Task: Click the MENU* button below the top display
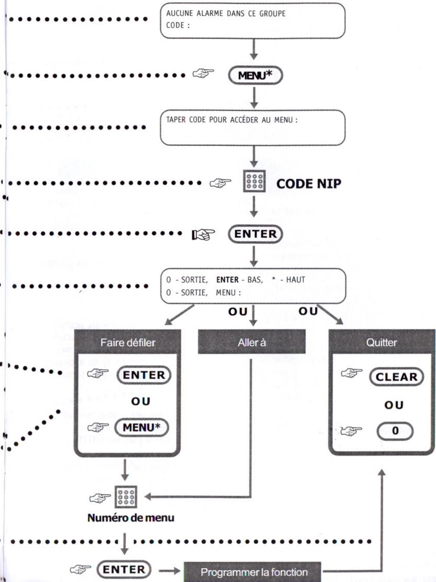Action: (255, 76)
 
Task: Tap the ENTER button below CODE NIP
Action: (255, 234)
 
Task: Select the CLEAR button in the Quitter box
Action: (396, 377)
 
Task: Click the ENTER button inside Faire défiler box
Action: (144, 375)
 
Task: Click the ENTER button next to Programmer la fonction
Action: (124, 570)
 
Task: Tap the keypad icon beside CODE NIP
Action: (254, 181)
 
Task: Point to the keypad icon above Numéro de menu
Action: (126, 497)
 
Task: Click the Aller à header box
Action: (251, 343)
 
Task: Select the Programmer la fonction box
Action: (254, 572)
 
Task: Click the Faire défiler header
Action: (127, 343)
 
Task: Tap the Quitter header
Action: (381, 343)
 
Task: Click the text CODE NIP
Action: (309, 183)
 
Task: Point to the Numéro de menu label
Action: (131, 518)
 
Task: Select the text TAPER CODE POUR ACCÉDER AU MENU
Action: (231, 120)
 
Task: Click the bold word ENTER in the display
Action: (227, 280)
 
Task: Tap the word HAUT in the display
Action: (295, 280)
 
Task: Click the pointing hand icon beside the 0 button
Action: (351, 431)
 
